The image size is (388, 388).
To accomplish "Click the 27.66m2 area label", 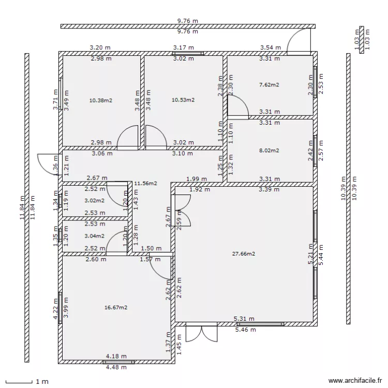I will point(244,254).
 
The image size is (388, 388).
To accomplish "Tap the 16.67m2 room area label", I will point(116,307).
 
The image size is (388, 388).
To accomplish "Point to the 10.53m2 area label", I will point(183,100).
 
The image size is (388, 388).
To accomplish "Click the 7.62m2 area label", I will point(268,84).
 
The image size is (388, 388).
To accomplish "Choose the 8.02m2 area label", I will point(268,151).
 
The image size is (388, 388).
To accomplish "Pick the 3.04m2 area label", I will point(94,236).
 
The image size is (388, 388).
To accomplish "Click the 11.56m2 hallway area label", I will point(145,183).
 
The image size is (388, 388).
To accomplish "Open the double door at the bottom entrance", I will point(201,333).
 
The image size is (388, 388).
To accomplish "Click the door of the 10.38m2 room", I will point(128,138).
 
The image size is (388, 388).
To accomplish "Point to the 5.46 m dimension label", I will point(245,330).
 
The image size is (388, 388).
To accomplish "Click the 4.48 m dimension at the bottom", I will point(116,368).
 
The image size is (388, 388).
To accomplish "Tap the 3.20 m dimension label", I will point(100,47).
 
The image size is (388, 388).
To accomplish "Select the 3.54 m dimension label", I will point(270,47).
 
